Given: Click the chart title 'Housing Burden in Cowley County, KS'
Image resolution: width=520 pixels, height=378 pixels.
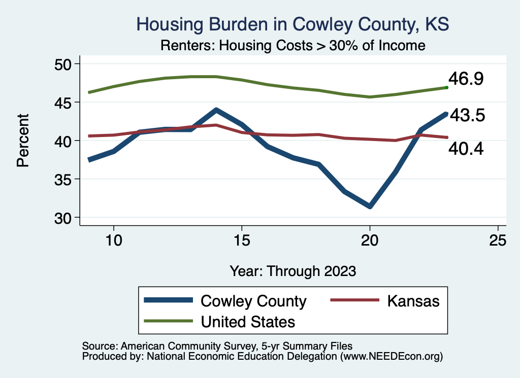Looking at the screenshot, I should tap(293, 24).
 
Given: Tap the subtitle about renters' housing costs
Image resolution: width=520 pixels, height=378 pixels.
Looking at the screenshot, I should tap(292, 46).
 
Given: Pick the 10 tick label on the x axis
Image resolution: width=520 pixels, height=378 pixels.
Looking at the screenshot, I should tap(113, 240).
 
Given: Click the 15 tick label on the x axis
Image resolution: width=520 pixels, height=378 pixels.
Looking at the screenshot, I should tap(241, 240).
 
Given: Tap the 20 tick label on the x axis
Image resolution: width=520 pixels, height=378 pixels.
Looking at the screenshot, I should tap(370, 240).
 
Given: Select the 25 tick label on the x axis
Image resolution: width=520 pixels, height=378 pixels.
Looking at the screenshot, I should tap(498, 240).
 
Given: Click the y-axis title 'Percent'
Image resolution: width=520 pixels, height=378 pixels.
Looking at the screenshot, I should tap(22, 141).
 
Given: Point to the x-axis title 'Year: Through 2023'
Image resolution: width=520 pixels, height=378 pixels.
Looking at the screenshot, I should tap(292, 270).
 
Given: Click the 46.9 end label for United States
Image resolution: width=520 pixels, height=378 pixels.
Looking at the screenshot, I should tap(465, 79).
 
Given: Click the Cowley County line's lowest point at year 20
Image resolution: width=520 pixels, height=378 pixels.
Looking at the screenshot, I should tap(370, 206).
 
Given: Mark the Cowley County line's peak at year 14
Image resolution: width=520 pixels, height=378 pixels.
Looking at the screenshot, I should tap(216, 110).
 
